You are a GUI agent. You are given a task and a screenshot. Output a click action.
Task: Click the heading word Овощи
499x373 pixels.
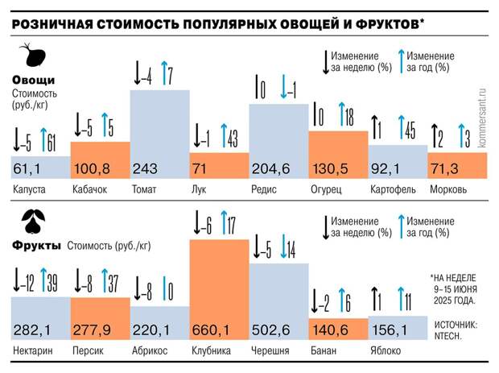[x=33, y=80]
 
